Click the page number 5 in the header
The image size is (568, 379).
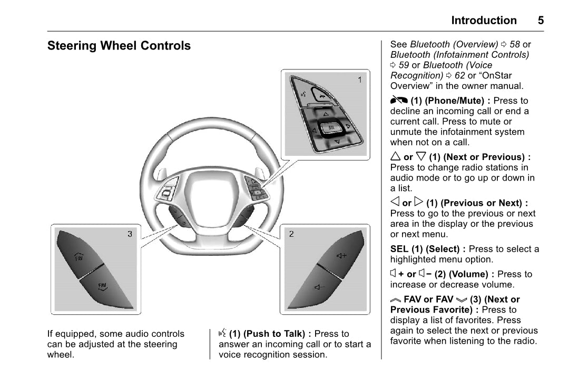click(541, 21)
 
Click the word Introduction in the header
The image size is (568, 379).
click(484, 21)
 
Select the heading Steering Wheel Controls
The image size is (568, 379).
click(119, 46)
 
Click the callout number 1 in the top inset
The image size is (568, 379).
click(360, 80)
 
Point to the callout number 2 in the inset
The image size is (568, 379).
click(291, 234)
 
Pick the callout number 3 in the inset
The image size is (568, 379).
click(130, 234)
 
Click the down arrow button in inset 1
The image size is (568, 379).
click(336, 142)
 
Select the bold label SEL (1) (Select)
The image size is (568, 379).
click(427, 249)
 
